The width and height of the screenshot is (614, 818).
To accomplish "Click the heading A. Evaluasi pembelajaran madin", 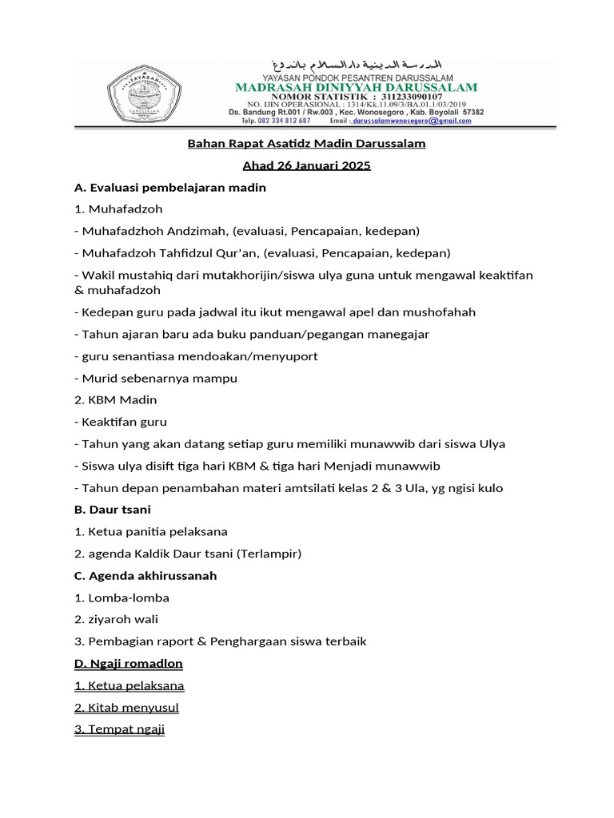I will click(169, 188).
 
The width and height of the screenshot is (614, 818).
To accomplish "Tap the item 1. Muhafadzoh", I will click(118, 209).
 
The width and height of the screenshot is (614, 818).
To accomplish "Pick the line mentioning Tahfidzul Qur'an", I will click(262, 253).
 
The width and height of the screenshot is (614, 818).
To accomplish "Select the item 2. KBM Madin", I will click(115, 399).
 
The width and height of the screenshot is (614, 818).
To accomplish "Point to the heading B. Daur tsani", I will click(112, 509).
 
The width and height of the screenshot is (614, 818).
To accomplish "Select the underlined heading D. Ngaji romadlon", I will click(128, 663).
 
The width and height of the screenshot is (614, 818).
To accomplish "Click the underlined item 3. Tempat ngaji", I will click(119, 729).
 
